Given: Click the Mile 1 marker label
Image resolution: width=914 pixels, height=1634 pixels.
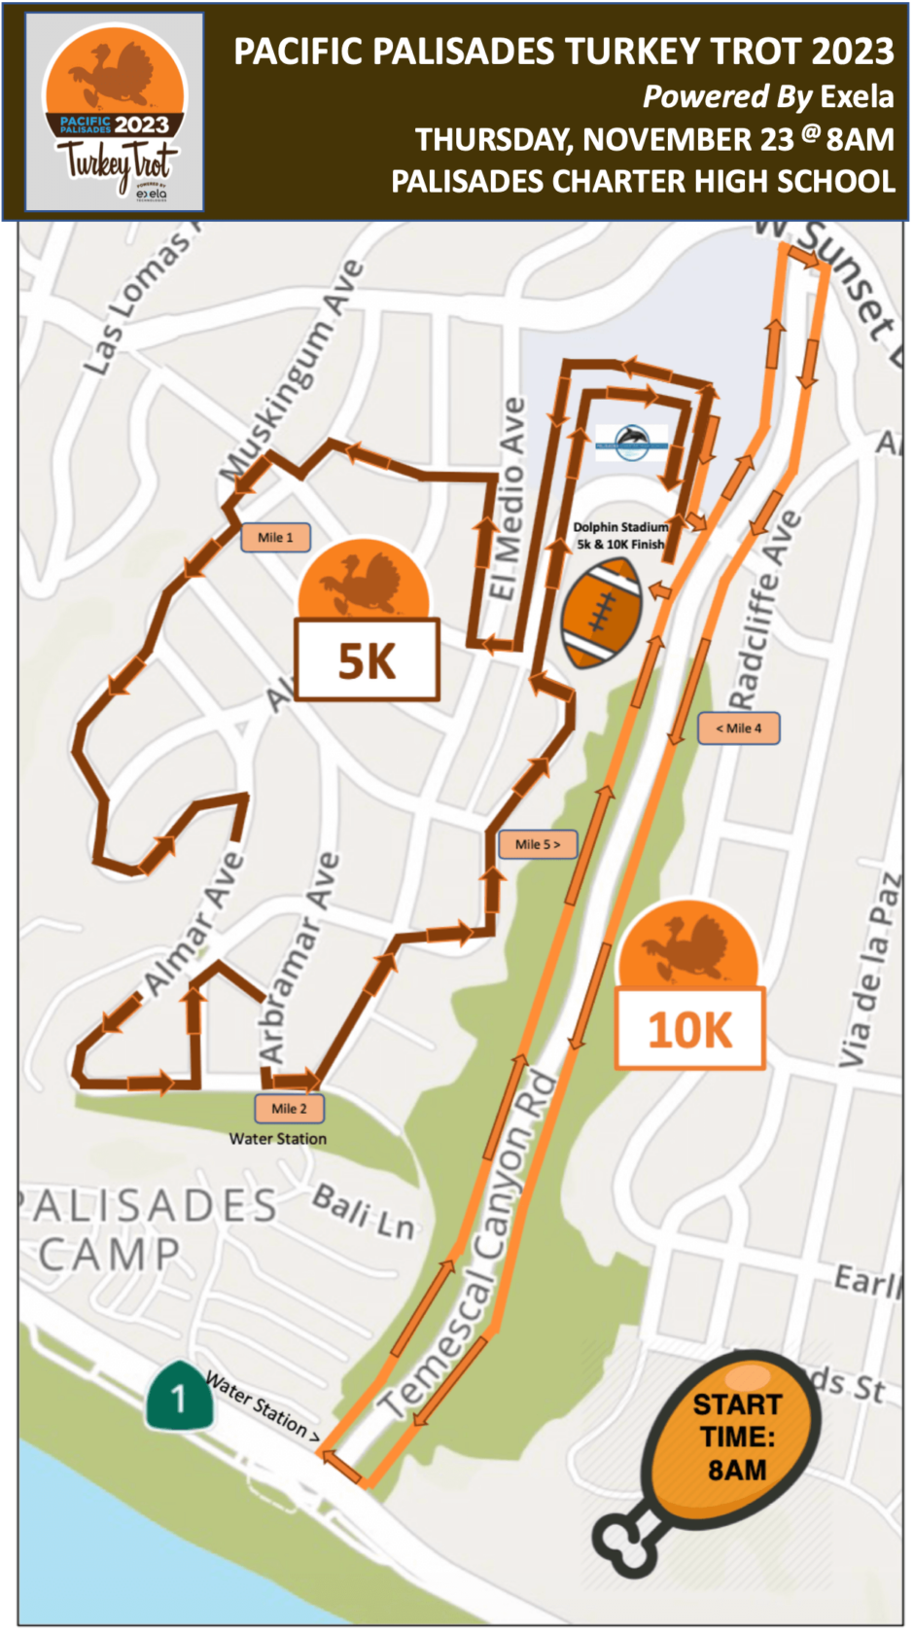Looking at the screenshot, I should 275,537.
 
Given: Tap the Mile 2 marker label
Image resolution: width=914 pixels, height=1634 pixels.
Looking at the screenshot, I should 289,1108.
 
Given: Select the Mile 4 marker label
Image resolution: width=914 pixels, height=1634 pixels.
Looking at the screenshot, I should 738,728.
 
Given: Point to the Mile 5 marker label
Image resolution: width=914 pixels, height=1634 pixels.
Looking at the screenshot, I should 538,844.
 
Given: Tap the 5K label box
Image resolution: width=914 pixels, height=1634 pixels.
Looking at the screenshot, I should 368,660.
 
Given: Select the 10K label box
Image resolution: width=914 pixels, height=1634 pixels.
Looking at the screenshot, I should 689,1029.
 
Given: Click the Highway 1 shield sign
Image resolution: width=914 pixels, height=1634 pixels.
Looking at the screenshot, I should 180,1397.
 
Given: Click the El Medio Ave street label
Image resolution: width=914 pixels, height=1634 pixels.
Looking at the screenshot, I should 507,500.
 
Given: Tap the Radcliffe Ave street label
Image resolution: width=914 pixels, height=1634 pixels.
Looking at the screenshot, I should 764,611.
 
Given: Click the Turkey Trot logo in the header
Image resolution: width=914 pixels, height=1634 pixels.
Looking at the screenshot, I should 115,113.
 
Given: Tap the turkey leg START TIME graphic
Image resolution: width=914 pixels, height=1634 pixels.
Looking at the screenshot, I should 720,1449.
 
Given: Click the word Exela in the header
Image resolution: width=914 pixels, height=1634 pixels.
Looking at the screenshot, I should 857,96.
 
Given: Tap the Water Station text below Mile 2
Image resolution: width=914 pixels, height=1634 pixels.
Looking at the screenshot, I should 278,1139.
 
